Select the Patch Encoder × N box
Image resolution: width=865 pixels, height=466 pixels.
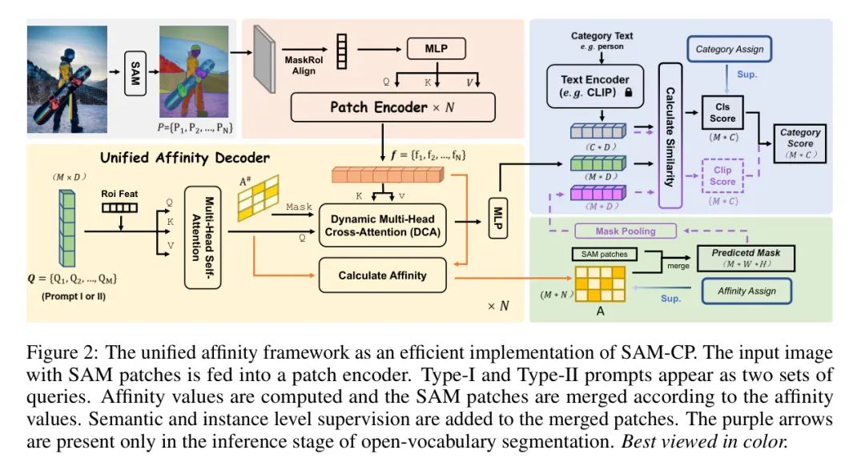[x=392, y=106]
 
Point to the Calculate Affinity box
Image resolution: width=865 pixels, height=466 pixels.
[x=383, y=275]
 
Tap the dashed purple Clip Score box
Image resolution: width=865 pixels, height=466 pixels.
[x=723, y=175]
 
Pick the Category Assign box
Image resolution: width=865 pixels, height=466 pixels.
[x=729, y=49]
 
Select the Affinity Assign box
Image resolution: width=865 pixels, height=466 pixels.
[x=746, y=291]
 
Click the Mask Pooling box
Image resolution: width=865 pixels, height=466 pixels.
[x=626, y=231]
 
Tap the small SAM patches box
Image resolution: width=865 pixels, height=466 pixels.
[x=604, y=254]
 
